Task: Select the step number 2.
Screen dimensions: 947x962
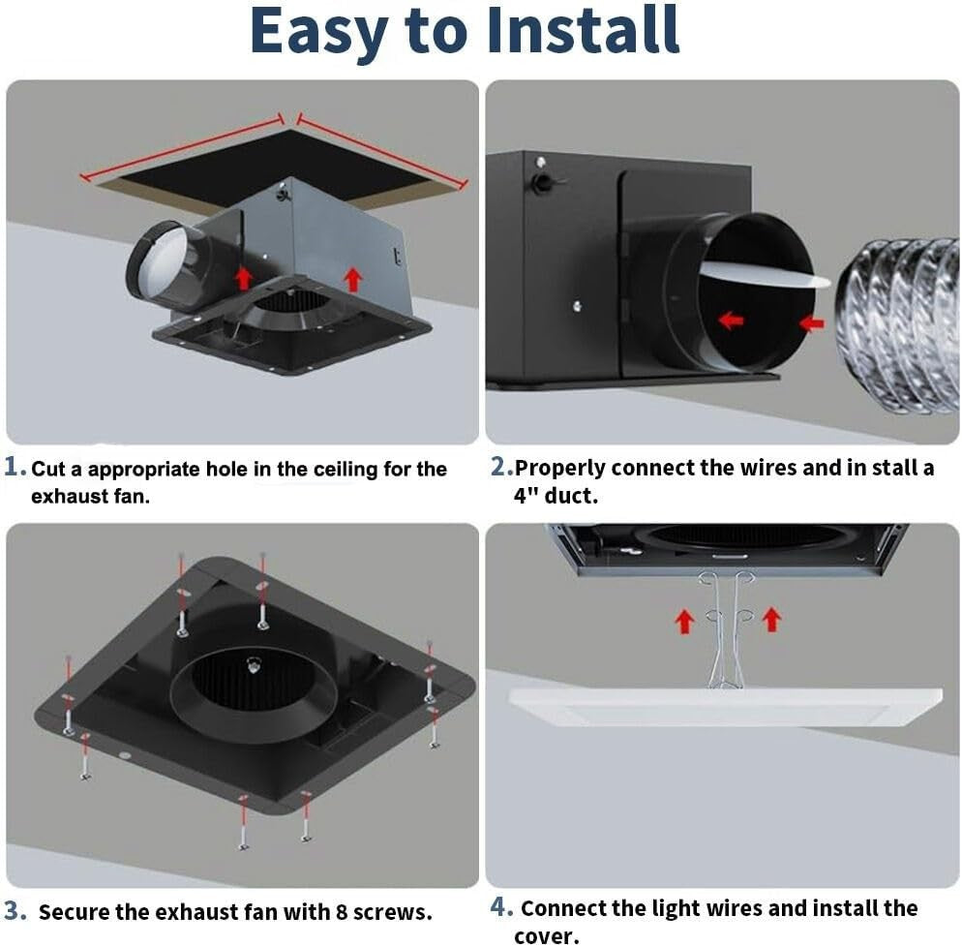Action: point(499,468)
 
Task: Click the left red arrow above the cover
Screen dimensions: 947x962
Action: point(684,620)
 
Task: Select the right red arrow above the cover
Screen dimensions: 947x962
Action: point(771,619)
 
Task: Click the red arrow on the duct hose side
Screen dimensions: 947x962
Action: point(811,322)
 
